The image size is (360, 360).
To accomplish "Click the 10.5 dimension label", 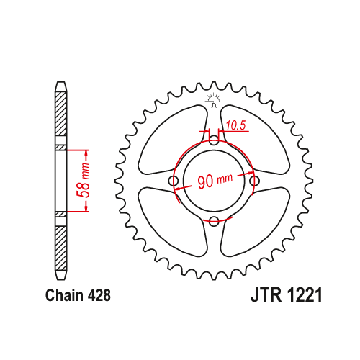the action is click(x=236, y=125).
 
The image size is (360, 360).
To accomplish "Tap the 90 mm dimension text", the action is click(x=215, y=181).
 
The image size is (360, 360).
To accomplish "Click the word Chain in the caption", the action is click(x=65, y=295).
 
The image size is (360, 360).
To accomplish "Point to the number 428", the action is click(x=99, y=295).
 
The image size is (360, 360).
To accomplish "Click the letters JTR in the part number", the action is click(x=266, y=295).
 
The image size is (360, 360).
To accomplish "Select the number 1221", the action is click(x=304, y=295).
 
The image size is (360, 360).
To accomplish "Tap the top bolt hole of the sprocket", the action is click(x=214, y=140).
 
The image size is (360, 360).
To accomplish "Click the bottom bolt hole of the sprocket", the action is click(x=214, y=221).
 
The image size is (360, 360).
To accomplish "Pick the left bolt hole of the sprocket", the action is click(x=174, y=181).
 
